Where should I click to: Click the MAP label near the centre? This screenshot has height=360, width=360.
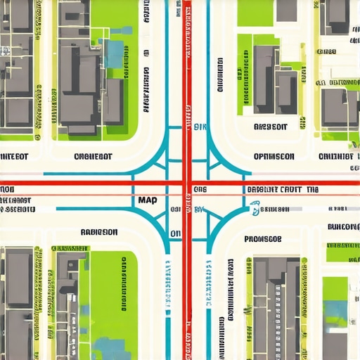click(148, 200)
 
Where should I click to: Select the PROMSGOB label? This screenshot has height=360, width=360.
click(263, 238)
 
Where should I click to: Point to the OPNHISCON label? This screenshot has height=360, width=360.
click(274, 157)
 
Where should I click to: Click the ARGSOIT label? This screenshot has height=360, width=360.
click(270, 127)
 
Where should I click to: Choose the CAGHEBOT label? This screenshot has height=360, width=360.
click(92, 157)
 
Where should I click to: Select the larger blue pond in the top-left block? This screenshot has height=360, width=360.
click(113, 53)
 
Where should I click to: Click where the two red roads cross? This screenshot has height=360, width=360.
click(186, 186)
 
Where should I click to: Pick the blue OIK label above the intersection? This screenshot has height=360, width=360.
click(201, 127)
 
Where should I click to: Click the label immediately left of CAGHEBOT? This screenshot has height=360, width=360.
click(14, 157)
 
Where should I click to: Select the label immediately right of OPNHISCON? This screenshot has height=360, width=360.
click(336, 157)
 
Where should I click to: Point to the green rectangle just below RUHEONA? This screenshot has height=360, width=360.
click(342, 251)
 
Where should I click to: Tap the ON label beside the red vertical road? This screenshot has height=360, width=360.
click(176, 234)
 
